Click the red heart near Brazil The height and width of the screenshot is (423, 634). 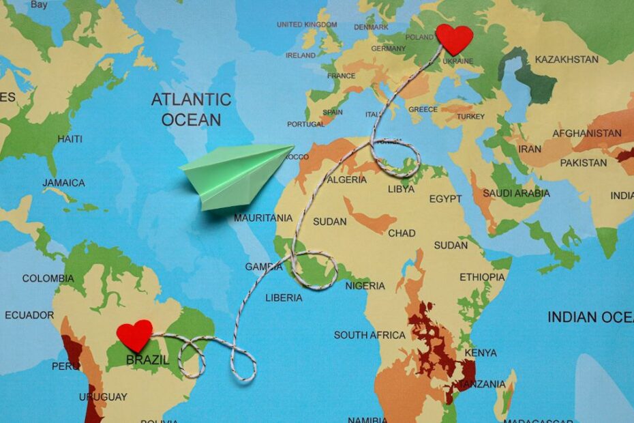tap(134, 335)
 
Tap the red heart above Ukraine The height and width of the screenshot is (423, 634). tap(454, 38)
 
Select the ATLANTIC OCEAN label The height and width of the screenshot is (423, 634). tap(192, 110)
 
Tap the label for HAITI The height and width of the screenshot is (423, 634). tap(70, 139)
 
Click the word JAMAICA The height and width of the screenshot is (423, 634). tap(63, 183)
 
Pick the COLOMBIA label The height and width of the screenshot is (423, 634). tap(48, 278)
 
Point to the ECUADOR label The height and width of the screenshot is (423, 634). tap(29, 315)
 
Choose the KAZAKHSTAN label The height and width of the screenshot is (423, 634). tap(567, 60)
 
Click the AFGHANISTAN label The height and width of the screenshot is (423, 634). tap(587, 134)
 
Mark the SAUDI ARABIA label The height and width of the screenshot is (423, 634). tap(516, 194)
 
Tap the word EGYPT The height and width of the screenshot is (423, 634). tap(445, 199)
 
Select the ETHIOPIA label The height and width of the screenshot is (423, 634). tap(482, 278)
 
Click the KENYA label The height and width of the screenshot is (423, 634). tap(480, 353)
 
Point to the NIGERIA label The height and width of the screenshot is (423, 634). tap(365, 286)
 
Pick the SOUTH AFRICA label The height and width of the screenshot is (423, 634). tap(369, 335)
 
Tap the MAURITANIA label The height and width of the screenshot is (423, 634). tap(263, 218)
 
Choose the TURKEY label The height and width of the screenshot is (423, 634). tap(470, 117)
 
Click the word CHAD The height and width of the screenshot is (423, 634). tap(402, 233)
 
